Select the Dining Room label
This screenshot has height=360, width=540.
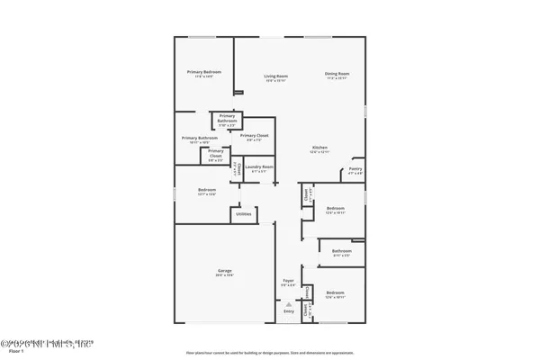click(x=337, y=72)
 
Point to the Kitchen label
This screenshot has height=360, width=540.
click(x=319, y=147)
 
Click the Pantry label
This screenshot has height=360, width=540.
click(x=355, y=167)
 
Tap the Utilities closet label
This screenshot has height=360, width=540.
click(x=244, y=214)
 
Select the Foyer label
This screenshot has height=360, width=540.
click(x=289, y=281)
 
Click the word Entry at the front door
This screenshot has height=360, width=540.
click(x=289, y=312)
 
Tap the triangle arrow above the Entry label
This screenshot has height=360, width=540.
click(x=289, y=304)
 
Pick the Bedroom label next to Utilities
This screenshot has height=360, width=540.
click(x=206, y=190)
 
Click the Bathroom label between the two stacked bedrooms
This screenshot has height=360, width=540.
click(x=341, y=251)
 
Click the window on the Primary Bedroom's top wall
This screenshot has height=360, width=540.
click(x=202, y=37)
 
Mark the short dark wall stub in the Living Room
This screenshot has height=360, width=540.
click(x=238, y=91)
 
